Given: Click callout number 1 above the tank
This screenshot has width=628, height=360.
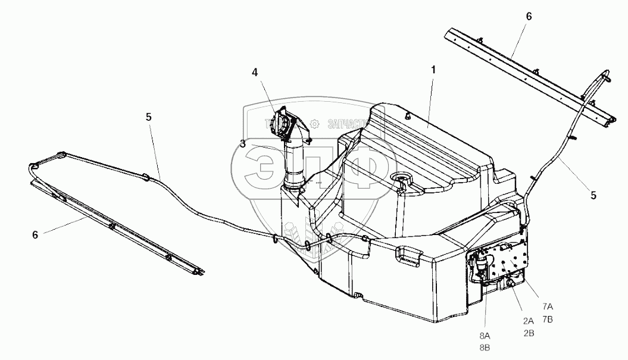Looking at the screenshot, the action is [x=434, y=70].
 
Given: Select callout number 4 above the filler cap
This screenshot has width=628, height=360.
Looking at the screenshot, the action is [x=255, y=73].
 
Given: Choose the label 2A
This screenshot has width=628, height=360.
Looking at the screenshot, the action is [x=528, y=321].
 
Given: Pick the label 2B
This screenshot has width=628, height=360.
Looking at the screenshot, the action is [x=528, y=333].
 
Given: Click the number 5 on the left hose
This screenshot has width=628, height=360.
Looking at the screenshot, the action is [x=148, y=117].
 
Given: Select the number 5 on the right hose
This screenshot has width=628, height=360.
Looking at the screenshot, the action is [x=593, y=195].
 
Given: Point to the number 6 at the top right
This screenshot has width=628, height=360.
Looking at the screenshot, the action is [x=529, y=17].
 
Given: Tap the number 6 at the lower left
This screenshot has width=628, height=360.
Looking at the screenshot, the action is [x=35, y=235].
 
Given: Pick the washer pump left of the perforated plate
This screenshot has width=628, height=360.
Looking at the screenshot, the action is [x=482, y=267].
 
